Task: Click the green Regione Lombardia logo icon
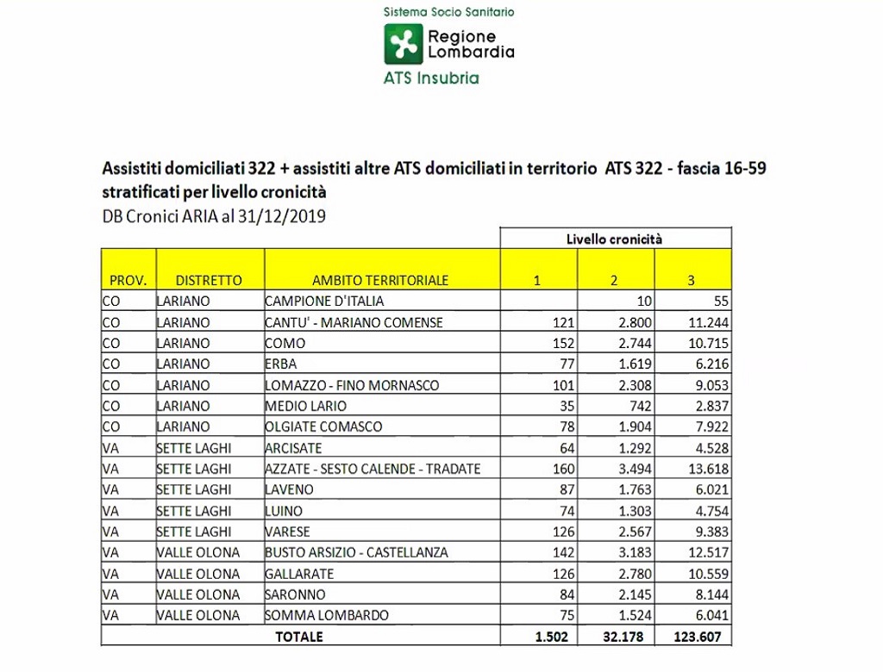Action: tap(403, 44)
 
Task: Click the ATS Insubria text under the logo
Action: tap(431, 78)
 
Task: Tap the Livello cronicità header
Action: tap(614, 239)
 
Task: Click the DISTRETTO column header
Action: tap(209, 280)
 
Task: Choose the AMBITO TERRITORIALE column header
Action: tap(380, 280)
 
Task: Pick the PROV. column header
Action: tap(128, 280)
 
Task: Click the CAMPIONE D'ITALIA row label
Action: tap(324, 302)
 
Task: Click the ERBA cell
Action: tap(281, 364)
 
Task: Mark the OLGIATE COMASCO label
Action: tap(323, 426)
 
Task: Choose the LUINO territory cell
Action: tap(284, 511)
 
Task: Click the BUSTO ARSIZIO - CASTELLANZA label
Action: tap(356, 552)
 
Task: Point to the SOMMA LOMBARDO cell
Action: tap(327, 615)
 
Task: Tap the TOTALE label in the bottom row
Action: tap(299, 637)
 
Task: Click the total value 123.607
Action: tap(704, 637)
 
